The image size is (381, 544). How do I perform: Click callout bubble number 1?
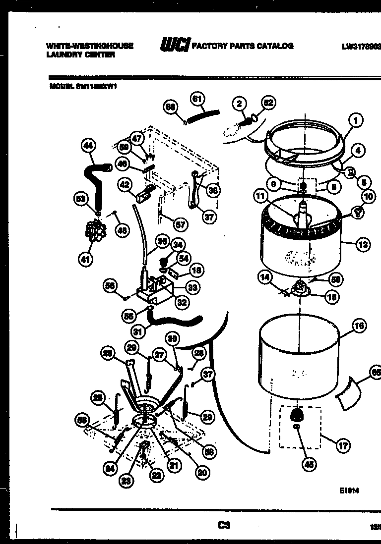coord(355,119)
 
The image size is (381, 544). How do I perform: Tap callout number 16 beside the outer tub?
coord(359,326)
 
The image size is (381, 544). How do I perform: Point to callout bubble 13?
coord(363,244)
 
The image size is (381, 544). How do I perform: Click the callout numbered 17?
coord(343,445)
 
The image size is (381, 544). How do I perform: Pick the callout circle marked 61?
coord(197,99)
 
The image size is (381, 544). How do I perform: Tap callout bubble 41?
coord(86,258)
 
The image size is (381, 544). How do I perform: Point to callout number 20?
coord(202,473)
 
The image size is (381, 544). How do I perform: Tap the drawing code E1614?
coord(349,490)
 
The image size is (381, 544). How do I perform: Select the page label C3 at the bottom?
coord(224,525)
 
